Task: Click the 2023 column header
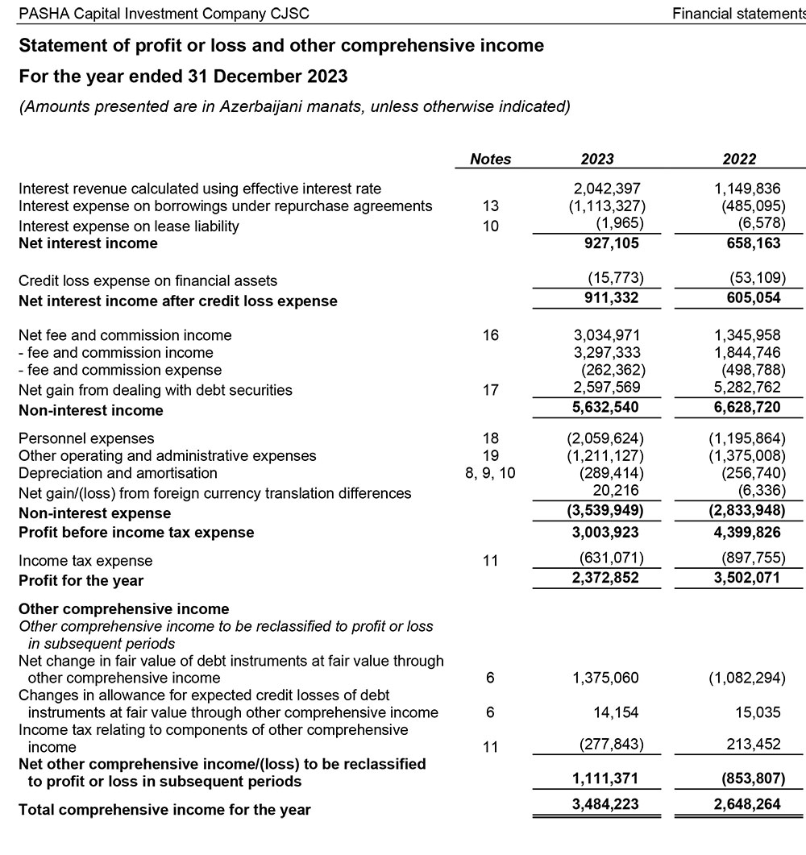597,160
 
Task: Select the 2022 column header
739,160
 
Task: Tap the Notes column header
490,160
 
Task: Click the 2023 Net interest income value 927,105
611,243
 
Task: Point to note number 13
490,206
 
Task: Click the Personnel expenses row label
86,438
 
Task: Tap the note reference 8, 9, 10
490,473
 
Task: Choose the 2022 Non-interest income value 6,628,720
746,409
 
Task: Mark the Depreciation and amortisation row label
118,473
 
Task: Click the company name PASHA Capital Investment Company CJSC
164,14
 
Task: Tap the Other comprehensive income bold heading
123,608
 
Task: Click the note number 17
490,390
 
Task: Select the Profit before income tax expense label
136,533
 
